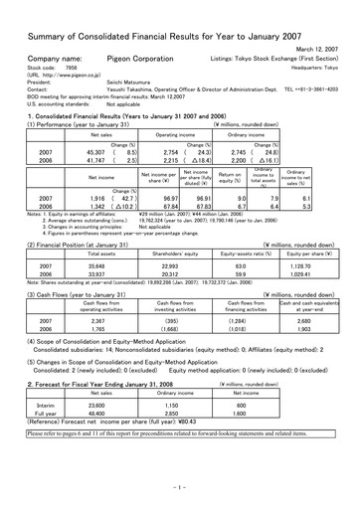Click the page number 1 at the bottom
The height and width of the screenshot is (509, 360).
[x=180, y=490]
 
